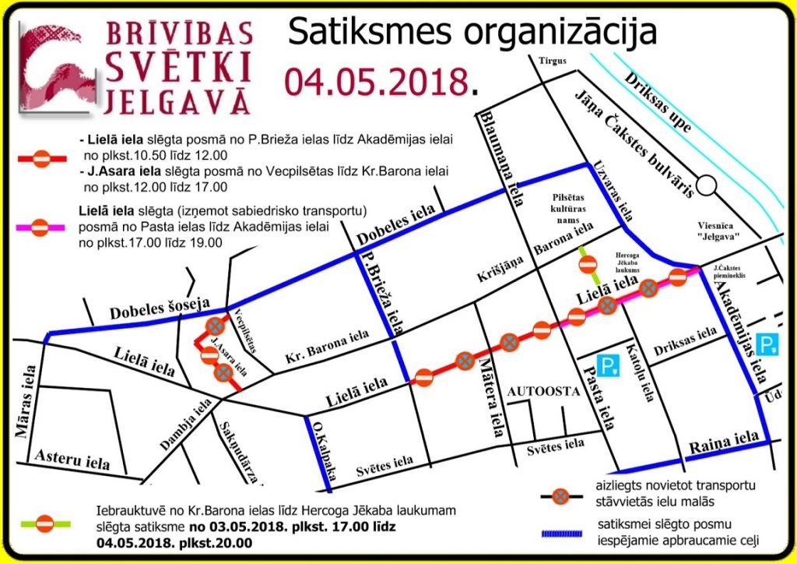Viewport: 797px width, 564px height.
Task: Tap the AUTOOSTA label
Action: pyautogui.click(x=543, y=392)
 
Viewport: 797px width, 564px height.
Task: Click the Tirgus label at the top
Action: pyautogui.click(x=552, y=62)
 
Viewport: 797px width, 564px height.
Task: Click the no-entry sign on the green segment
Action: pyautogui.click(x=588, y=265)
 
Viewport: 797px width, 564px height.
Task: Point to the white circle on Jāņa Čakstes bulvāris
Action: pyautogui.click(x=707, y=185)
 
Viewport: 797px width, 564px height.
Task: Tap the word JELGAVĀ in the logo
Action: pyautogui.click(x=177, y=102)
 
